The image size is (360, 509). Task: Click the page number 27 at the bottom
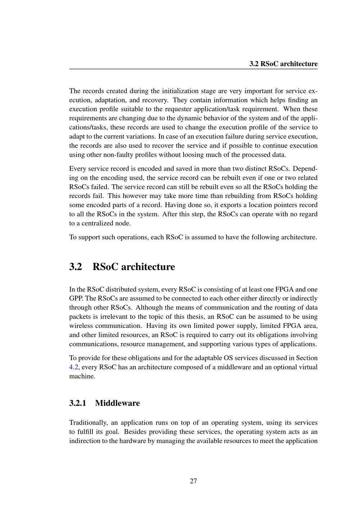pos(193,481)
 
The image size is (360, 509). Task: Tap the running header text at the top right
pos(284,64)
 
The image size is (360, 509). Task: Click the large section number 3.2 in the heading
pos(76,267)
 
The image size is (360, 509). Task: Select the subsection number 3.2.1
pos(78,403)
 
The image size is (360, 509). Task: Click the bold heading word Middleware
pos(117,403)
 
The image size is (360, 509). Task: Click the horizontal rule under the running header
pos(193,69)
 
